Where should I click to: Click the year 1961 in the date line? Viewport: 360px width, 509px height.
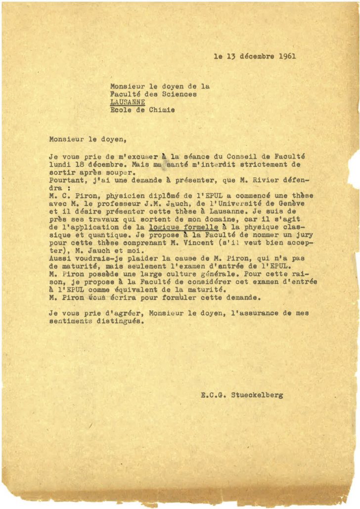click(x=287, y=56)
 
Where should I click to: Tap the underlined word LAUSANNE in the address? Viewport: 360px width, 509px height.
click(x=128, y=102)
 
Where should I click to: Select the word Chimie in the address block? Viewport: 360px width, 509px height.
click(x=162, y=110)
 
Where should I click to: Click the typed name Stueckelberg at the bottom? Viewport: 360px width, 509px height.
click(x=257, y=395)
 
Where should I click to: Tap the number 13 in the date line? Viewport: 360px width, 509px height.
click(x=230, y=56)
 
